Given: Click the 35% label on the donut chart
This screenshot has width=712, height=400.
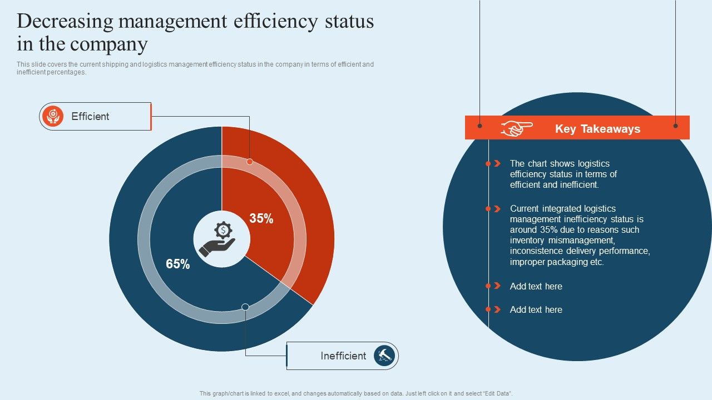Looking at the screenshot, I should (x=261, y=219).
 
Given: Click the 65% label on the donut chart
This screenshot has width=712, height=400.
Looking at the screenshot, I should (x=178, y=264).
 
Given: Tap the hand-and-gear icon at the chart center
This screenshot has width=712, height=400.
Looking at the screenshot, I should (x=221, y=239).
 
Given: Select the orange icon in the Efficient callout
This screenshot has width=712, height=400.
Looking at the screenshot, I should (x=53, y=116).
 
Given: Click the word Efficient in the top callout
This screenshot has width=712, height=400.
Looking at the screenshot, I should (x=90, y=117).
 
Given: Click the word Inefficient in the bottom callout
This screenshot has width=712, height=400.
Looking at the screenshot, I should (x=343, y=356).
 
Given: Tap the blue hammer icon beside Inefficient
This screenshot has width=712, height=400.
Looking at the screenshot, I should (x=384, y=356).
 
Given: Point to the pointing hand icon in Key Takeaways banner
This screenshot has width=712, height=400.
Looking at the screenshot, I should (x=516, y=128).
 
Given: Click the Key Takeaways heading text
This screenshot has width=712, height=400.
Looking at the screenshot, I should (x=597, y=129).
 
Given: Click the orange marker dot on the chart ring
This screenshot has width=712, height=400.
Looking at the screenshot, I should (x=250, y=162).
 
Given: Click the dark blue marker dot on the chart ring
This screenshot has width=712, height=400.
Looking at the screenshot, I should (x=245, y=307).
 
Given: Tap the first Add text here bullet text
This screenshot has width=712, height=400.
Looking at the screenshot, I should (x=536, y=287).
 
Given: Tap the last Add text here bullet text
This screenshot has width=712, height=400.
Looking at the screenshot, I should (x=536, y=310).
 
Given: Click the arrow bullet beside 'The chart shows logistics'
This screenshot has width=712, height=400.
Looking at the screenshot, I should (x=496, y=164).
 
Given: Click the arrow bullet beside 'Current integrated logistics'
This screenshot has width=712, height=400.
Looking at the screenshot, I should (x=496, y=209).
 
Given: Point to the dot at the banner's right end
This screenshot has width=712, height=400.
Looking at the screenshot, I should (x=675, y=126).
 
